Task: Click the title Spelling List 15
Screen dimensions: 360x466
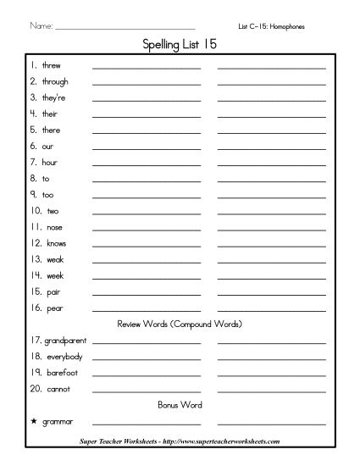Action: tap(180, 46)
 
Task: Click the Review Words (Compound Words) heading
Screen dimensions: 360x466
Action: tap(179, 324)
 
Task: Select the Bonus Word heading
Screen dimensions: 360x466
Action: tap(179, 405)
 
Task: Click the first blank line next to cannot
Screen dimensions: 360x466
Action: tap(146, 391)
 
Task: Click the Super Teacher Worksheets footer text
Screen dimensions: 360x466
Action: tap(180, 441)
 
